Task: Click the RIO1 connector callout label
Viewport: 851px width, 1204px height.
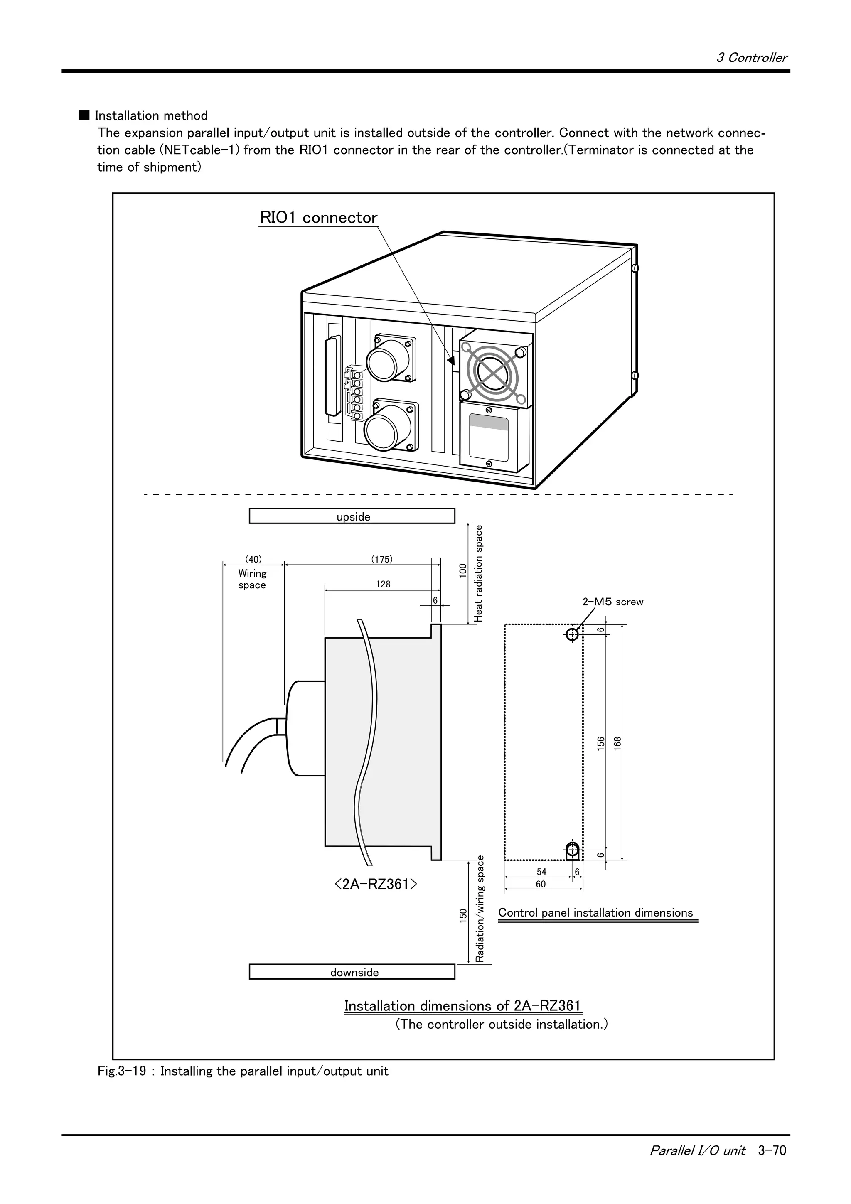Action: pyautogui.click(x=318, y=218)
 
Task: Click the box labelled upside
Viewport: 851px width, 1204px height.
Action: pyautogui.click(x=352, y=516)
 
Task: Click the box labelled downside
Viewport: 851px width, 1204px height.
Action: pyautogui.click(x=352, y=972)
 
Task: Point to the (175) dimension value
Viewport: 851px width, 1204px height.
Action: pyautogui.click(x=382, y=559)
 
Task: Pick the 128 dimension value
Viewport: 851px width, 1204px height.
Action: pyautogui.click(x=383, y=584)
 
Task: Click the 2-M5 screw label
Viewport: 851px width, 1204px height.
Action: pyautogui.click(x=612, y=602)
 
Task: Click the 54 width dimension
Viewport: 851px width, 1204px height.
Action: pyautogui.click(x=541, y=872)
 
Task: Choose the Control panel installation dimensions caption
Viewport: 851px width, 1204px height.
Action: pyautogui.click(x=595, y=912)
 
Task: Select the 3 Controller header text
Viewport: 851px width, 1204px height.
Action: pyautogui.click(x=751, y=58)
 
